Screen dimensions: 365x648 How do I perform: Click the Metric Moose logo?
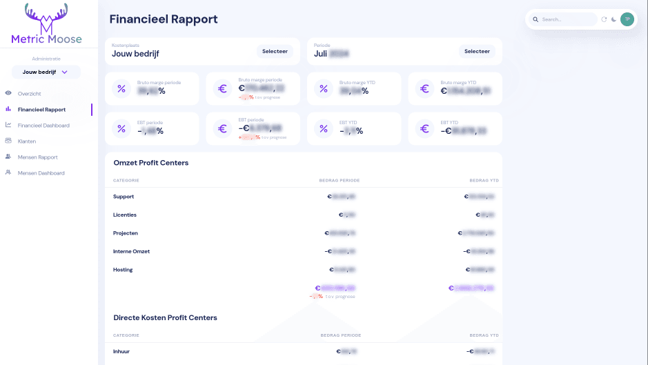pyautogui.click(x=46, y=25)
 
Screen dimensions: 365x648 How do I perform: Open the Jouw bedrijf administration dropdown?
pyautogui.click(x=46, y=72)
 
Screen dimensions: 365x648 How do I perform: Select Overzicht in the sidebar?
pyautogui.click(x=30, y=93)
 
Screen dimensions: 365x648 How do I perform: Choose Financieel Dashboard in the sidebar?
pyautogui.click(x=43, y=126)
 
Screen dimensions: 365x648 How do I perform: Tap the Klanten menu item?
pyautogui.click(x=27, y=141)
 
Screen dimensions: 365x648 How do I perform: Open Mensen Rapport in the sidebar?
pyautogui.click(x=37, y=157)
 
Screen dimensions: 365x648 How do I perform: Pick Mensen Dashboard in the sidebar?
pyautogui.click(x=41, y=173)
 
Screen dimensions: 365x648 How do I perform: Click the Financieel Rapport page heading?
pyautogui.click(x=164, y=19)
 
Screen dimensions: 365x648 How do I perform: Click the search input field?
pyautogui.click(x=567, y=19)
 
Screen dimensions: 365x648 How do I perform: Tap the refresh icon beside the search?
pyautogui.click(x=604, y=19)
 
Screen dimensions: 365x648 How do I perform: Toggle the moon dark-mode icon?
pyautogui.click(x=613, y=19)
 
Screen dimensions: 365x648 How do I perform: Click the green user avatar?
pyautogui.click(x=627, y=19)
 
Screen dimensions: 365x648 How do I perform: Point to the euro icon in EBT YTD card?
pyautogui.click(x=424, y=128)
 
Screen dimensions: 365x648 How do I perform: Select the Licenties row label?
pyautogui.click(x=125, y=215)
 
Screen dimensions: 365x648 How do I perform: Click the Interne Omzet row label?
pyautogui.click(x=131, y=251)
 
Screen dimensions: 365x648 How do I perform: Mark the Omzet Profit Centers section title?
pyautogui.click(x=150, y=163)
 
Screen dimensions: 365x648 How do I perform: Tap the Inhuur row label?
pyautogui.click(x=121, y=351)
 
